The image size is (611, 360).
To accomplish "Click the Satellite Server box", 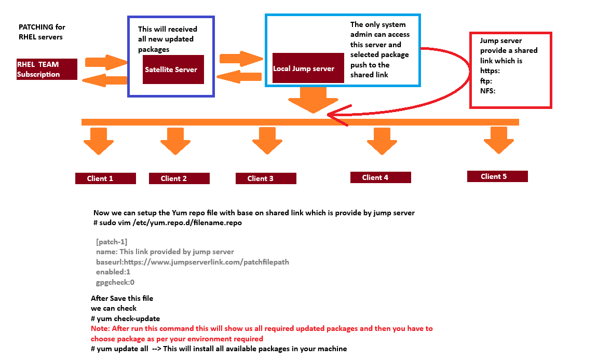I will coord(173,70).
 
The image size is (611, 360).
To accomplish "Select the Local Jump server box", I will coord(308,68).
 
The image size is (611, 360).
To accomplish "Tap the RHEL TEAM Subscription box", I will coord(47,69).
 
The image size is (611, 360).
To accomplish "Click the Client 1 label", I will coord(105,178).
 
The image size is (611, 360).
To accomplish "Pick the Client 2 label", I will coord(179,178).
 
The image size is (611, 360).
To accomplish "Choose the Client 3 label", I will coord(266,178).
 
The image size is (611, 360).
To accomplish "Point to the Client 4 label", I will coord(381,177).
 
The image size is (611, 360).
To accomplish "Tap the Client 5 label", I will coord(497,176).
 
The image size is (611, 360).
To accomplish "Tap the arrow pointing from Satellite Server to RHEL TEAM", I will coord(106,80).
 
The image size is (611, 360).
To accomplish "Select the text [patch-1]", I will coord(112,242).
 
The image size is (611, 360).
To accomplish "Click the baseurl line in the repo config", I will coord(192,262).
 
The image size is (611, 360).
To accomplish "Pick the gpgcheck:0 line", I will coord(115,282).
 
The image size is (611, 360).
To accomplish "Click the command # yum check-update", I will coord(125,319).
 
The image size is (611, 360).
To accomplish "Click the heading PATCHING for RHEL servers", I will coord(42,32).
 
